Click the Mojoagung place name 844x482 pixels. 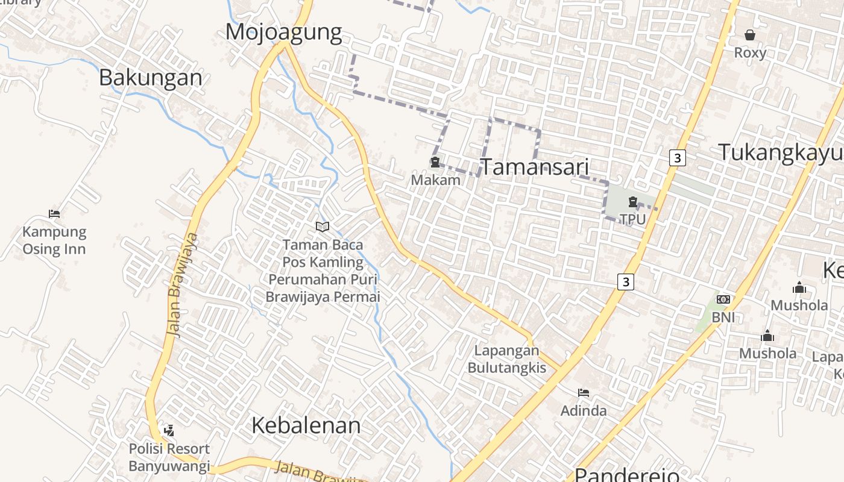click(283, 32)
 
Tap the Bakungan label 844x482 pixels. click(151, 78)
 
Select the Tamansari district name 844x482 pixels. click(534, 167)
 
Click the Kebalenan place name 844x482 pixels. click(306, 425)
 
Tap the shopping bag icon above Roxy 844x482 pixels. click(750, 35)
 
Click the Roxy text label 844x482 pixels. click(750, 52)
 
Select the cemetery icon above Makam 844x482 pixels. click(435, 162)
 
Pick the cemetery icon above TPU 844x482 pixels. click(632, 202)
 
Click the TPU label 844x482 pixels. click(632, 219)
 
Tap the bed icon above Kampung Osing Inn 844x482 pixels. click(54, 213)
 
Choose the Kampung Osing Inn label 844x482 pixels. click(54, 240)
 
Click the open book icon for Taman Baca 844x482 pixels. click(323, 227)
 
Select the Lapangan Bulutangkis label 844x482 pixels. click(506, 359)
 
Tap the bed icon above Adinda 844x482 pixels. click(583, 393)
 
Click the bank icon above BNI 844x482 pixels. click(723, 299)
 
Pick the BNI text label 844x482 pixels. click(723, 317)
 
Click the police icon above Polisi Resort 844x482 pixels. click(169, 430)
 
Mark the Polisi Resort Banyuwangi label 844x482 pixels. click(169, 457)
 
